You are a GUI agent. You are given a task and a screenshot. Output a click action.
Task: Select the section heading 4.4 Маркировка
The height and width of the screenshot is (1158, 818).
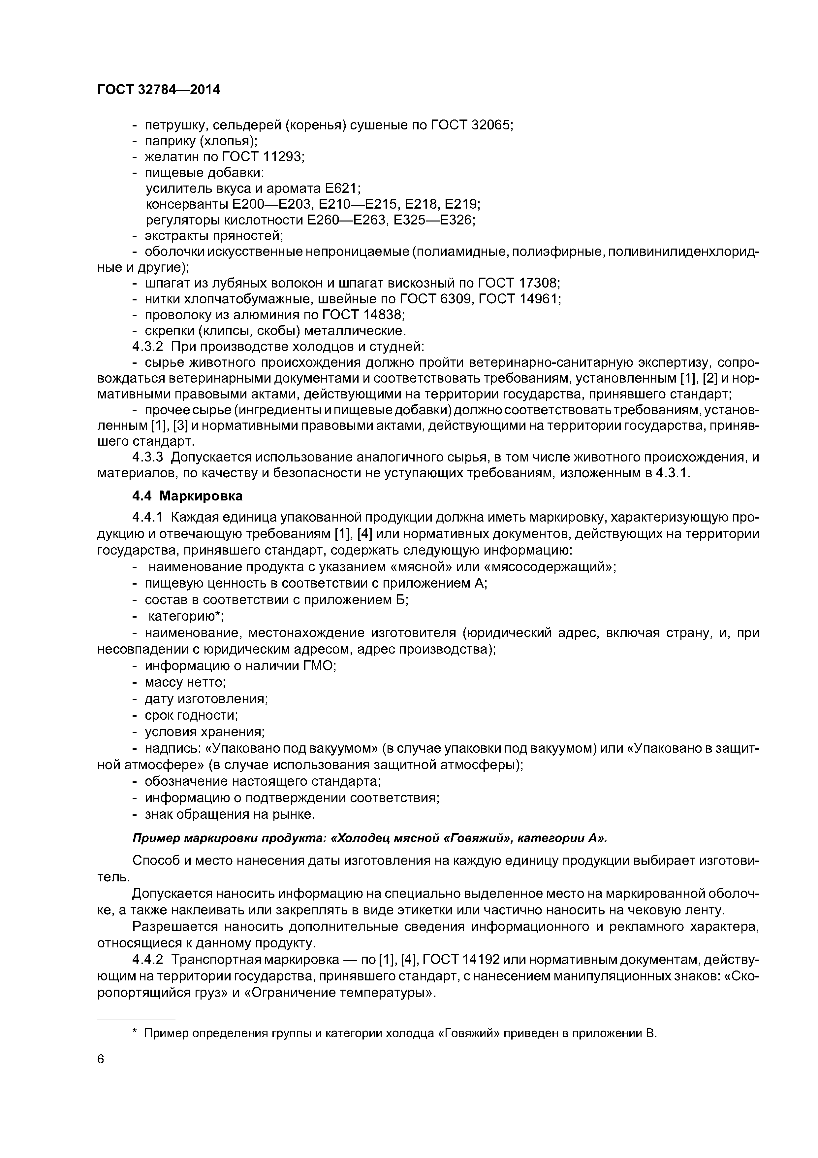pos(187,496)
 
